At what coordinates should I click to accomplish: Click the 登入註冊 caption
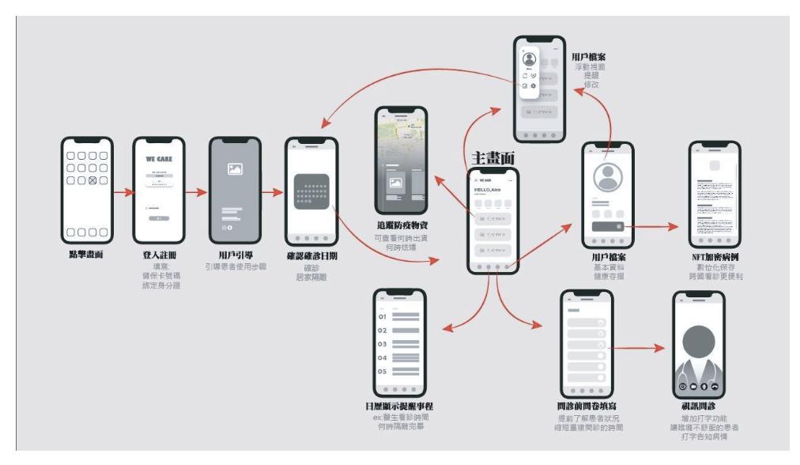coord(159,255)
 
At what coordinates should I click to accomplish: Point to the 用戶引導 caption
coord(235,255)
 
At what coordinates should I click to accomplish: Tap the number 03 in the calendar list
coord(382,344)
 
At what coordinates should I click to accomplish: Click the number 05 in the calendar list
coord(382,371)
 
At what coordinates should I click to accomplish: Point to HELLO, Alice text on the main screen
coord(489,191)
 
